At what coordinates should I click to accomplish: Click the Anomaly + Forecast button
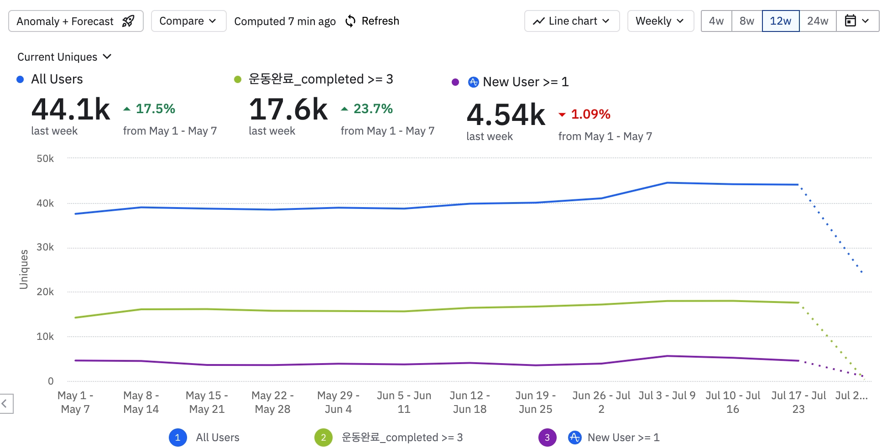(76, 21)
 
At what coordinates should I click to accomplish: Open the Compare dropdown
(188, 21)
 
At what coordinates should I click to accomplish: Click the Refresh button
(372, 21)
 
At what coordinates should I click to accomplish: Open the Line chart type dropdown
(572, 21)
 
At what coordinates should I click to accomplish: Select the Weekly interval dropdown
(660, 21)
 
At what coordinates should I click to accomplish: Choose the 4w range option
(716, 21)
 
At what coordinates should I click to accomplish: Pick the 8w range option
(747, 21)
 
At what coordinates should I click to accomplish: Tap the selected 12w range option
(781, 21)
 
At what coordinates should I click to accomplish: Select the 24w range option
(818, 21)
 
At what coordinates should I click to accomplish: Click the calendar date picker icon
(850, 21)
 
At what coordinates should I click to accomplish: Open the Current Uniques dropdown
(64, 57)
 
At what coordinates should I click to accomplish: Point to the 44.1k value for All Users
(71, 109)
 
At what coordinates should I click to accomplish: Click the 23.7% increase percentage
(373, 109)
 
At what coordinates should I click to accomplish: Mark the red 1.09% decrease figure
(590, 114)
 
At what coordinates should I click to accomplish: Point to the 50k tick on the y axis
(45, 159)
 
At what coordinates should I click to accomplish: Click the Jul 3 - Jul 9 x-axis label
(667, 396)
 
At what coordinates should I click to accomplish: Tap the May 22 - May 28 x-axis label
(272, 402)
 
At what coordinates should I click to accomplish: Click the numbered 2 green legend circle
(323, 438)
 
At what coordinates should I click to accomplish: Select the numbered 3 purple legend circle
(547, 438)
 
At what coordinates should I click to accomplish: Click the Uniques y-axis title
(24, 269)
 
